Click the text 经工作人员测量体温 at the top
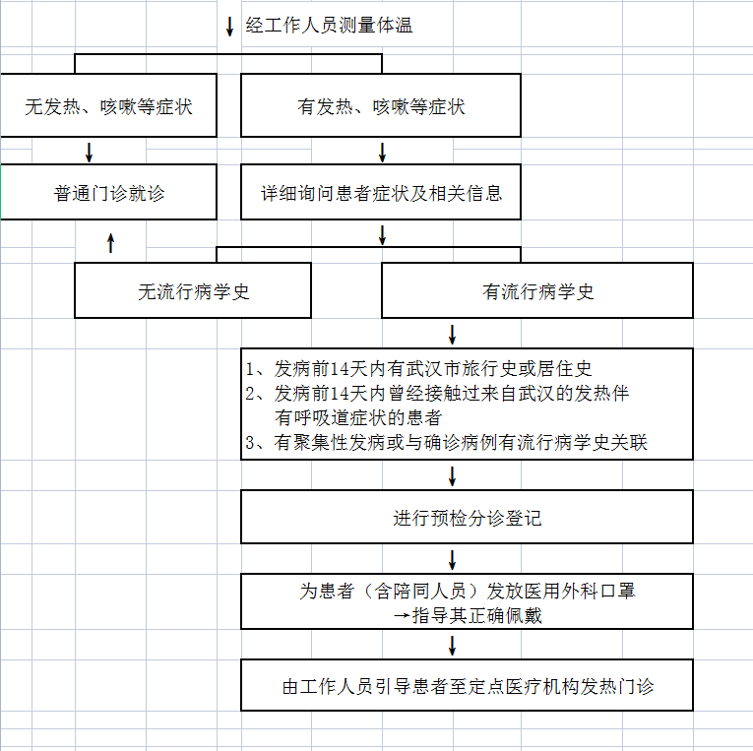pos(329,26)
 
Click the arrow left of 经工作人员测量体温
pos(230,26)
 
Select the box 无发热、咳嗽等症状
pos(108,106)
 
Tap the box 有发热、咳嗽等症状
pos(381,106)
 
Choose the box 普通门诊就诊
pos(108,193)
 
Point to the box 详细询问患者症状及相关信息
pos(381,193)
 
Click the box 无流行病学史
pos(193,291)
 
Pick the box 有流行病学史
pos(537,291)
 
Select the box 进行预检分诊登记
pos(468,518)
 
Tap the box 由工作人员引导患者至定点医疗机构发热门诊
pos(468,686)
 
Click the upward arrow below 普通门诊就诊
pos(110,242)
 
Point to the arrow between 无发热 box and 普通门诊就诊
pos(90,152)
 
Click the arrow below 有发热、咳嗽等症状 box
pos(383,152)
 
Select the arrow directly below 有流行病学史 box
pos(453,334)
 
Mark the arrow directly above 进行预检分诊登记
pos(453,476)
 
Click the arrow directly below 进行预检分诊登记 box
pos(453,560)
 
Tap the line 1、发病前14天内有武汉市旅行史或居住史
pos(419,370)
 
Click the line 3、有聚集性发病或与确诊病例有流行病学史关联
pos(447,443)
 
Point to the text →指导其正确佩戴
pos(468,616)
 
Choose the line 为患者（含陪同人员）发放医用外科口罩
pos(468,592)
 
